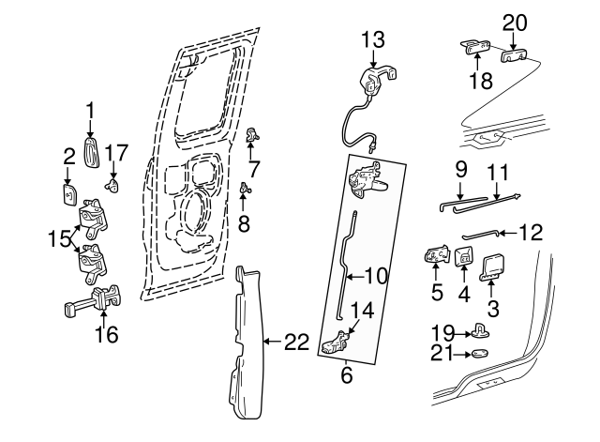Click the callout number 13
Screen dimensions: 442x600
tap(373, 38)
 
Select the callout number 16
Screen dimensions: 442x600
tap(108, 334)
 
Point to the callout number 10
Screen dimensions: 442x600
tap(375, 276)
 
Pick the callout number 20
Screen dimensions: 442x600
tap(515, 23)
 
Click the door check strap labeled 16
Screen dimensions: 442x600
tap(94, 304)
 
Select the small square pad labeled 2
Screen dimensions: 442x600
tap(69, 192)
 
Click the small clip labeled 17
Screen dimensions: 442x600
tap(113, 186)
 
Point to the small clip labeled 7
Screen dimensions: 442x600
tap(250, 136)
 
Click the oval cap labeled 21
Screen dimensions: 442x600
tap(480, 354)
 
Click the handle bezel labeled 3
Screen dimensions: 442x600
tap(491, 267)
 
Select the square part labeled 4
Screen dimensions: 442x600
tap(463, 256)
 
